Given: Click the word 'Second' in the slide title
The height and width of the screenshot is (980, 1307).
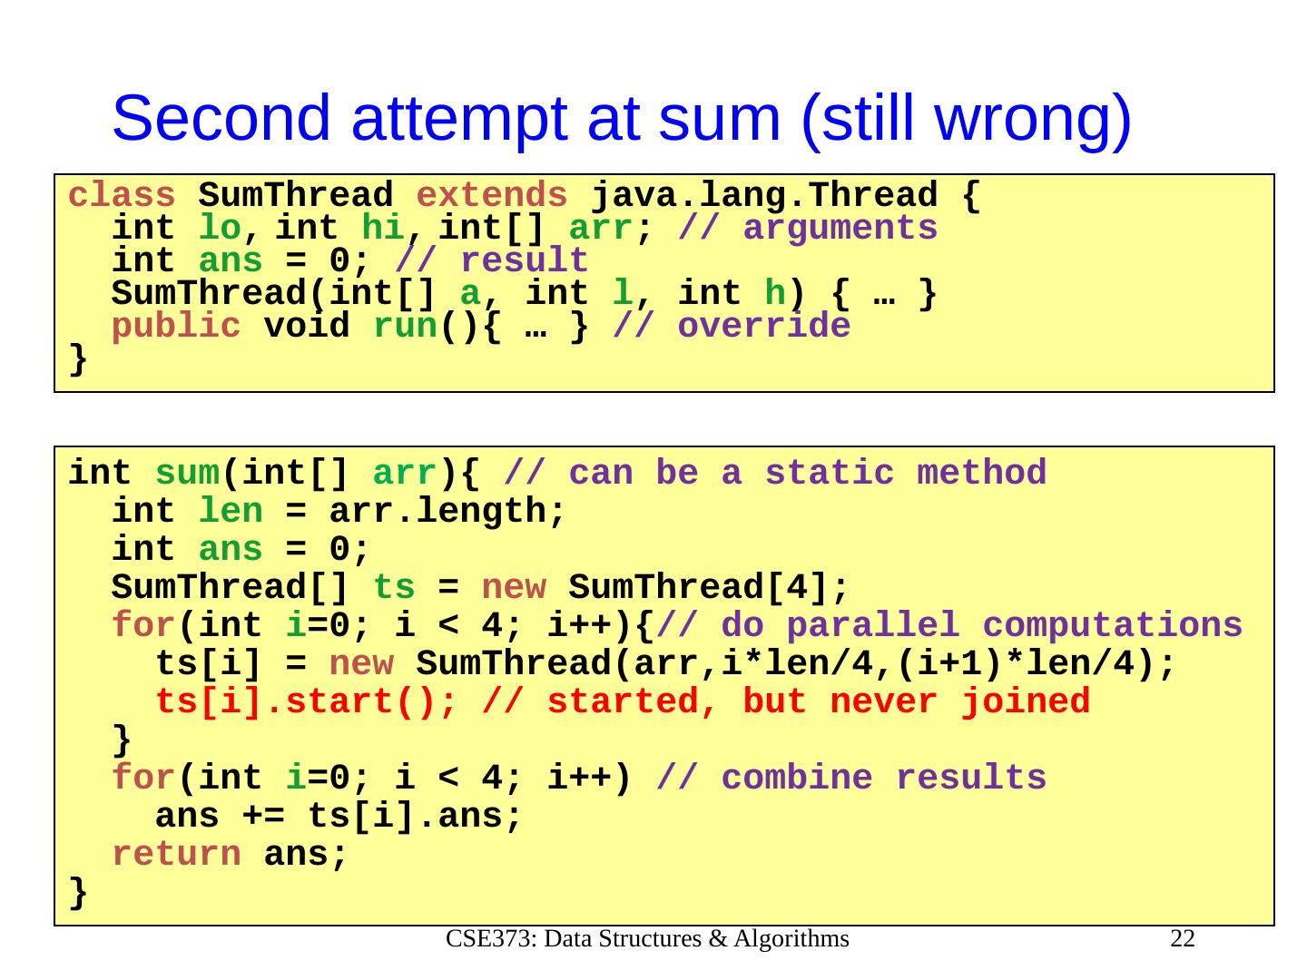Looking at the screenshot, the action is point(221,118).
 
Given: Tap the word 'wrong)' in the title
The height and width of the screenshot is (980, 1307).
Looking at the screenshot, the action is point(1032,122).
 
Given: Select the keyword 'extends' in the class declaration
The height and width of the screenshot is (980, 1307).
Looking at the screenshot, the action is point(491,194).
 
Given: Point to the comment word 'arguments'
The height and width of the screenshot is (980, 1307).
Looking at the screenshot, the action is point(840,229).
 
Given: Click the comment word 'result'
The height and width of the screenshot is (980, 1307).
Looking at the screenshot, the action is point(525,260).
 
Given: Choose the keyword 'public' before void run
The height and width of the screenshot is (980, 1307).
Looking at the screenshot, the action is point(176,327).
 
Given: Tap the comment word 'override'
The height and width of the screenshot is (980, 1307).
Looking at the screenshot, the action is point(764,326).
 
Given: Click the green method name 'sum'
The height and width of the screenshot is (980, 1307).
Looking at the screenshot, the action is point(187,474).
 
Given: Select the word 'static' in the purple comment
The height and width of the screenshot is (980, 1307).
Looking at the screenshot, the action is point(830,473).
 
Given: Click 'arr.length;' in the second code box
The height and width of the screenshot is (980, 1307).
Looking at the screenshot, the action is point(447,511).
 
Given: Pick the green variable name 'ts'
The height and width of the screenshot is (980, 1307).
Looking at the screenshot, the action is point(394,587).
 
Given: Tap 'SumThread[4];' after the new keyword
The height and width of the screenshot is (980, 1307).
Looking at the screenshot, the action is point(708,588).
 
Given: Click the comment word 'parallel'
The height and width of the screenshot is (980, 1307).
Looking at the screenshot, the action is point(873,626).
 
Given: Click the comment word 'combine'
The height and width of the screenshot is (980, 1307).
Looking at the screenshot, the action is point(797,778).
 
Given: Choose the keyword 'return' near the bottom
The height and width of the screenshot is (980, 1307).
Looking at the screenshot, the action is point(176,855).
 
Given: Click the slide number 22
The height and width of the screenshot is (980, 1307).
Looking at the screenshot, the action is point(1183,939).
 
